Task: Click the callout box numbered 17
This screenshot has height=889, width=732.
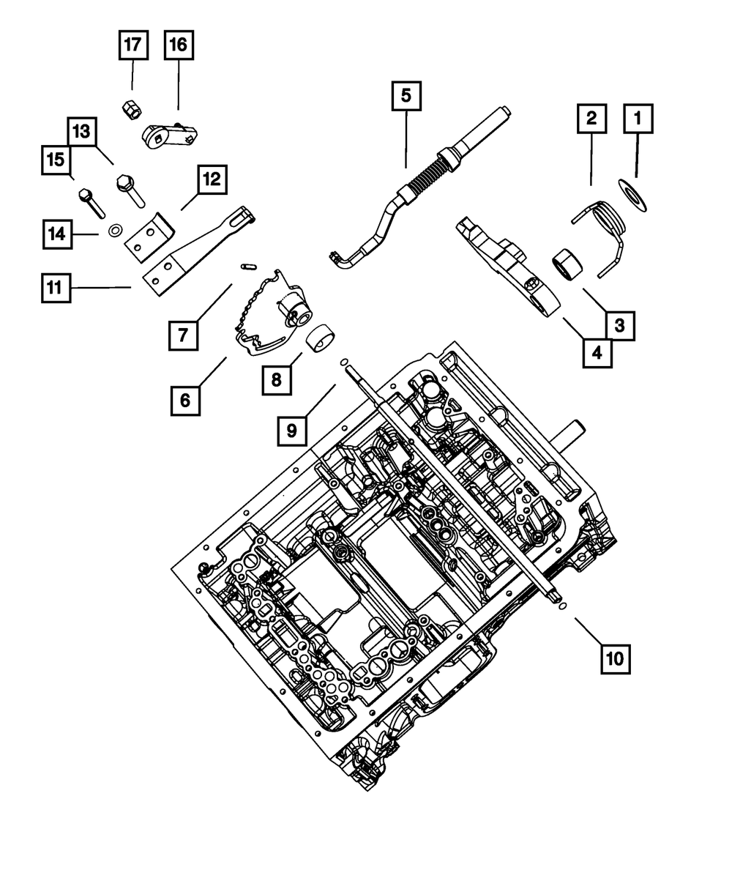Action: pos(133,45)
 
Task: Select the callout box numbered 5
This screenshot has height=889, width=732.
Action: pos(406,96)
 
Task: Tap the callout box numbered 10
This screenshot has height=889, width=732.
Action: pos(615,658)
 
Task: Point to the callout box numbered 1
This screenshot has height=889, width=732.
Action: pos(638,119)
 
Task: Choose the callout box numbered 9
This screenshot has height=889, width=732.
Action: pos(292,431)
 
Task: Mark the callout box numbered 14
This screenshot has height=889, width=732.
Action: pos(57,234)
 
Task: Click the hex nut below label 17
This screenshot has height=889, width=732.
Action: pos(132,111)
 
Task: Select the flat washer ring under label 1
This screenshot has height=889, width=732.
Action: pos(632,196)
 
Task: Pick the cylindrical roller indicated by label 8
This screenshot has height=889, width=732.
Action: pos(321,339)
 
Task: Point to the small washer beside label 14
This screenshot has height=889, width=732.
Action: pos(115,231)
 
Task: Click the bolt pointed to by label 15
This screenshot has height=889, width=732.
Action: pos(91,203)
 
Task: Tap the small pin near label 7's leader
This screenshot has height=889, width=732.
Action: pos(247,267)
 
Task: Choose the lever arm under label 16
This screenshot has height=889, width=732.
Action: pos(169,135)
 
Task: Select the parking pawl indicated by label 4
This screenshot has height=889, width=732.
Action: pos(508,267)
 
